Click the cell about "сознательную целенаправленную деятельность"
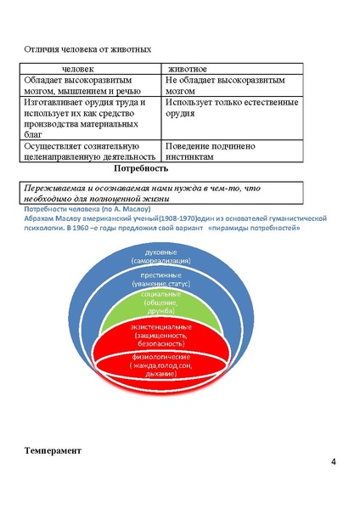89,150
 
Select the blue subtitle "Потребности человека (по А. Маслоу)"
86,208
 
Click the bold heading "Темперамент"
52,450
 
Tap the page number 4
334,462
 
